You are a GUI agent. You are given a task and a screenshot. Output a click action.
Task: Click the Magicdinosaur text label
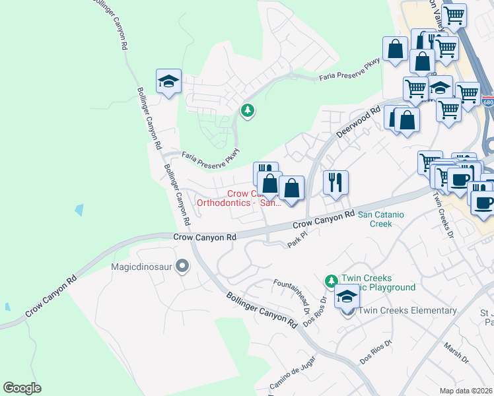(x=141, y=267)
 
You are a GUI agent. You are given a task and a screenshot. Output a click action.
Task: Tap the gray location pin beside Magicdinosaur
(x=183, y=267)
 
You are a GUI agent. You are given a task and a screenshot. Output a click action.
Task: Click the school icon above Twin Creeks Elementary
(x=347, y=298)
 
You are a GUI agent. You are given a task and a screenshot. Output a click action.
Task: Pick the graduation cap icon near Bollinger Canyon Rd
(x=168, y=82)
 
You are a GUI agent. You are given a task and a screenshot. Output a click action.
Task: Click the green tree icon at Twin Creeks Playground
(x=332, y=282)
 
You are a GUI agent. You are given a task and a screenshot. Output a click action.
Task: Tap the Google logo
(x=22, y=388)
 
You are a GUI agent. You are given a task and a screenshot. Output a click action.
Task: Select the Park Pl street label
(x=298, y=240)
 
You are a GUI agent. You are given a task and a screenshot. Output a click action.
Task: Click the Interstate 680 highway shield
(x=487, y=102)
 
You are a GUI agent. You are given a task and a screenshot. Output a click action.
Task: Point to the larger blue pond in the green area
(x=79, y=211)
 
